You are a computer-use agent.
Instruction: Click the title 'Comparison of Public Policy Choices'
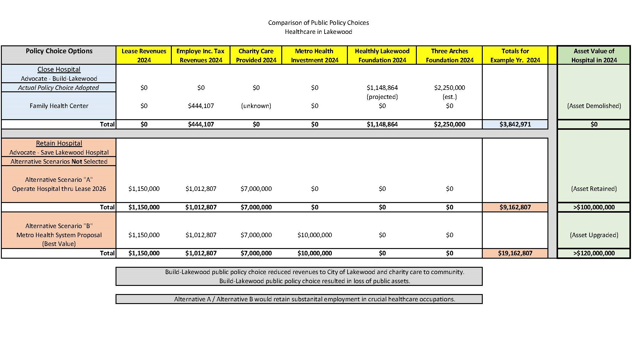pyautogui.click(x=318, y=23)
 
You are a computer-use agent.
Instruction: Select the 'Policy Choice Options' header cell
pyautogui.click(x=59, y=51)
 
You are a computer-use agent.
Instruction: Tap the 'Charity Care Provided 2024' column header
pyautogui.click(x=256, y=55)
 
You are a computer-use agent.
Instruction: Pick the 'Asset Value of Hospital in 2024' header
pyautogui.click(x=594, y=55)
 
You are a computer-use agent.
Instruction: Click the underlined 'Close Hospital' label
pyautogui.click(x=59, y=70)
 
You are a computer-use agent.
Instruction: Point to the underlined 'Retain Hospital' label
pyautogui.click(x=59, y=143)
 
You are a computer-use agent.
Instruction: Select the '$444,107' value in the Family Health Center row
pyautogui.click(x=201, y=106)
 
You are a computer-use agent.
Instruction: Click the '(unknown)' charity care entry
pyautogui.click(x=256, y=106)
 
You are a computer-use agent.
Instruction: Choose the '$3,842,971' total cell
pyautogui.click(x=515, y=124)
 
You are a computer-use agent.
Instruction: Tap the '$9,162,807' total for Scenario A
pyautogui.click(x=515, y=207)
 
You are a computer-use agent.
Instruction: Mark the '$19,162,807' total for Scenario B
pyautogui.click(x=515, y=253)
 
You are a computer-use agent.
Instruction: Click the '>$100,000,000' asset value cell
pyautogui.click(x=594, y=207)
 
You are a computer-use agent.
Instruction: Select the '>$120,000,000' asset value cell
pyautogui.click(x=594, y=253)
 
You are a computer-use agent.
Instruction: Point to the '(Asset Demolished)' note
pyautogui.click(x=594, y=106)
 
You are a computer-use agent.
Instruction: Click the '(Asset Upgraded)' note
pyautogui.click(x=594, y=235)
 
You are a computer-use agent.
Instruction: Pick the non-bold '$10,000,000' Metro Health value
pyautogui.click(x=315, y=235)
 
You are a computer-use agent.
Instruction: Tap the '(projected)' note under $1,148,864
pyautogui.click(x=382, y=97)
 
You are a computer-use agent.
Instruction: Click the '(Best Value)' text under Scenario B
pyautogui.click(x=59, y=244)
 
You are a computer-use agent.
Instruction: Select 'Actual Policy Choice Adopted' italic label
pyautogui.click(x=58, y=88)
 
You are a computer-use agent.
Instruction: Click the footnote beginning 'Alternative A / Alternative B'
pyautogui.click(x=315, y=299)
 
